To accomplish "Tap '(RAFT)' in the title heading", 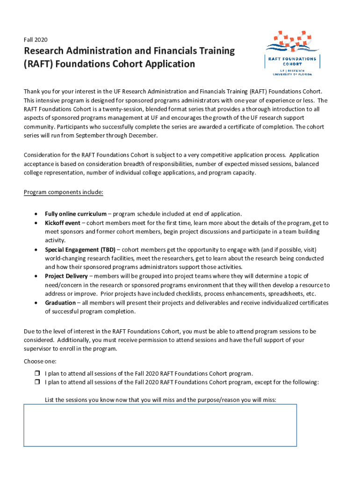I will pyautogui.click(x=40, y=64).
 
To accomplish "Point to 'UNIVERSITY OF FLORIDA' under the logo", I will pyautogui.click(x=292, y=74).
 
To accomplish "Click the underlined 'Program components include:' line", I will pyautogui.click(x=64, y=192).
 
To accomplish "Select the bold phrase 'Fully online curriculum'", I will pyautogui.click(x=76, y=214).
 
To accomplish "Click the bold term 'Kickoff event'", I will pyautogui.click(x=63, y=223).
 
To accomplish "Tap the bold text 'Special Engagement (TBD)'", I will pyautogui.click(x=80, y=249).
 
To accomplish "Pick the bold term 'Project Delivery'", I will pyautogui.click(x=66, y=276).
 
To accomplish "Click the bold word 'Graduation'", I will pyautogui.click(x=60, y=303).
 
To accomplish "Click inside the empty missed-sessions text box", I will pyautogui.click(x=160, y=425).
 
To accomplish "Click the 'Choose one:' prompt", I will pyautogui.click(x=40, y=361).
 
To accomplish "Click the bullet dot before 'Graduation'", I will pyautogui.click(x=36, y=303).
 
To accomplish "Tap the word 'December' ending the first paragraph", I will pyautogui.click(x=144, y=136).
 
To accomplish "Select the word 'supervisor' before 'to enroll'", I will pyautogui.click(x=38, y=348).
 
